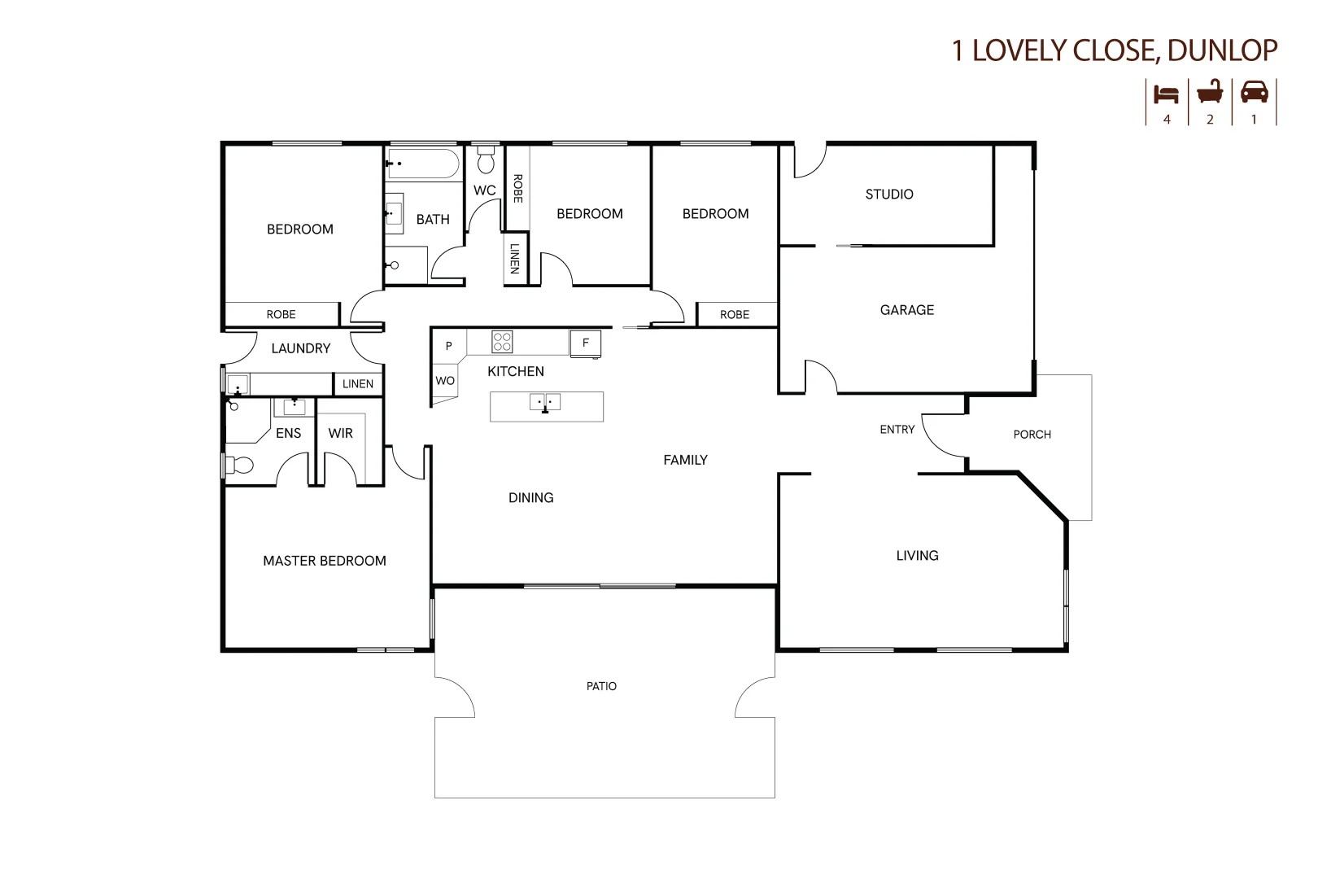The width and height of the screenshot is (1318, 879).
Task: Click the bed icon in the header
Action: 1167,94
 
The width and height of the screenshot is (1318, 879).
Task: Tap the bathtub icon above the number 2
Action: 1210,92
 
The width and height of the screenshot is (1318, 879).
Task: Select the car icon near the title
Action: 1254,92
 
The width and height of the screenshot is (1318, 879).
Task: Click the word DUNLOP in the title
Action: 1222,50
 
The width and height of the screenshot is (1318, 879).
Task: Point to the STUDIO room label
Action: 888,195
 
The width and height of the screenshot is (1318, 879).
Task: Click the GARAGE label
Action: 906,310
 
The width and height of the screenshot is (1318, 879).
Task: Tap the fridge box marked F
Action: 585,343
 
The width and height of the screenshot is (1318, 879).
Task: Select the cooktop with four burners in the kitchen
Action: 502,342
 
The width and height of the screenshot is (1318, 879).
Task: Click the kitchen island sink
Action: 545,402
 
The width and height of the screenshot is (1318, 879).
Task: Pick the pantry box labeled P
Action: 448,346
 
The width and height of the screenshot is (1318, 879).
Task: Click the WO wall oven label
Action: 444,381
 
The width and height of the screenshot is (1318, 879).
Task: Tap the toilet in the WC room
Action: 486,160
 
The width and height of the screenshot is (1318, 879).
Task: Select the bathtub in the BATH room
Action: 423,164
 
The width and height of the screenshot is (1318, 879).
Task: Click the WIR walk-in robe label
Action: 340,434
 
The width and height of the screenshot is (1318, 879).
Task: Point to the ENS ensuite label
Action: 288,434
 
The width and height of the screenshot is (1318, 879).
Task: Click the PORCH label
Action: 1032,435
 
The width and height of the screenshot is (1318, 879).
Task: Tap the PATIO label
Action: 601,687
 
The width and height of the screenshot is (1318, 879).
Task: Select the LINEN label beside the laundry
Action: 357,384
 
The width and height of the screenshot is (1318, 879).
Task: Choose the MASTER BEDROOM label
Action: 324,561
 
